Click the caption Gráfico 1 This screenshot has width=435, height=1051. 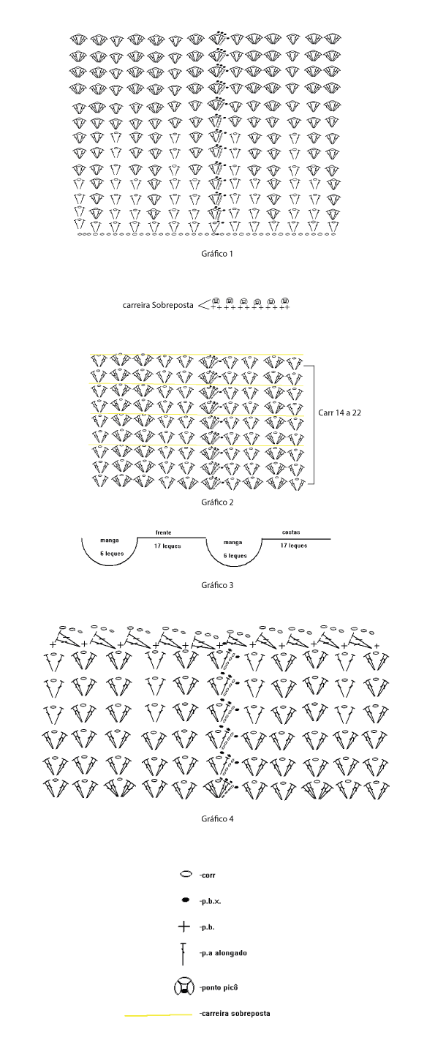click(x=217, y=254)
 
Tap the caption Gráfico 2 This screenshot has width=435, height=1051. click(x=217, y=502)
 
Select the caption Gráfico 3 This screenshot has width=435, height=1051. click(x=217, y=585)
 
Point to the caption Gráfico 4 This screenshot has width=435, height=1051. click(x=217, y=818)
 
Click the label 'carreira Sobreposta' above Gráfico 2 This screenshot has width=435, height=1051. click(x=158, y=305)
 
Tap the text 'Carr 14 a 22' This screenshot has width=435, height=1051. click(x=339, y=413)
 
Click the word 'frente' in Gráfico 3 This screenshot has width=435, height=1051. click(x=163, y=532)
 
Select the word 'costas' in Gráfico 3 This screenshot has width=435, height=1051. click(x=291, y=532)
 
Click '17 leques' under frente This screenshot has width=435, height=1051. click(x=167, y=546)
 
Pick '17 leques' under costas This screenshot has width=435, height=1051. click(x=294, y=545)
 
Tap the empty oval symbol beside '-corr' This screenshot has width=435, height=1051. click(x=186, y=875)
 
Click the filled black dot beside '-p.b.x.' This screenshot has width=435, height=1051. click(x=186, y=900)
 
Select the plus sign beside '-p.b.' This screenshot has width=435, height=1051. click(x=184, y=927)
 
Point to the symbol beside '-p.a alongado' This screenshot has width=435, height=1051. click(x=183, y=954)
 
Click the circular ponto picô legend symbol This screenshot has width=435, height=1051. click(x=184, y=987)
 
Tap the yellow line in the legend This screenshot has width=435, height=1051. click(x=158, y=1015)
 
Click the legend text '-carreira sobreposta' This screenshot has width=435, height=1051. click(x=235, y=1013)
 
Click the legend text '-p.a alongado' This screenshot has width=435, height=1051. click(x=222, y=953)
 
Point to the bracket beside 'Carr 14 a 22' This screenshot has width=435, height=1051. click(x=313, y=424)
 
